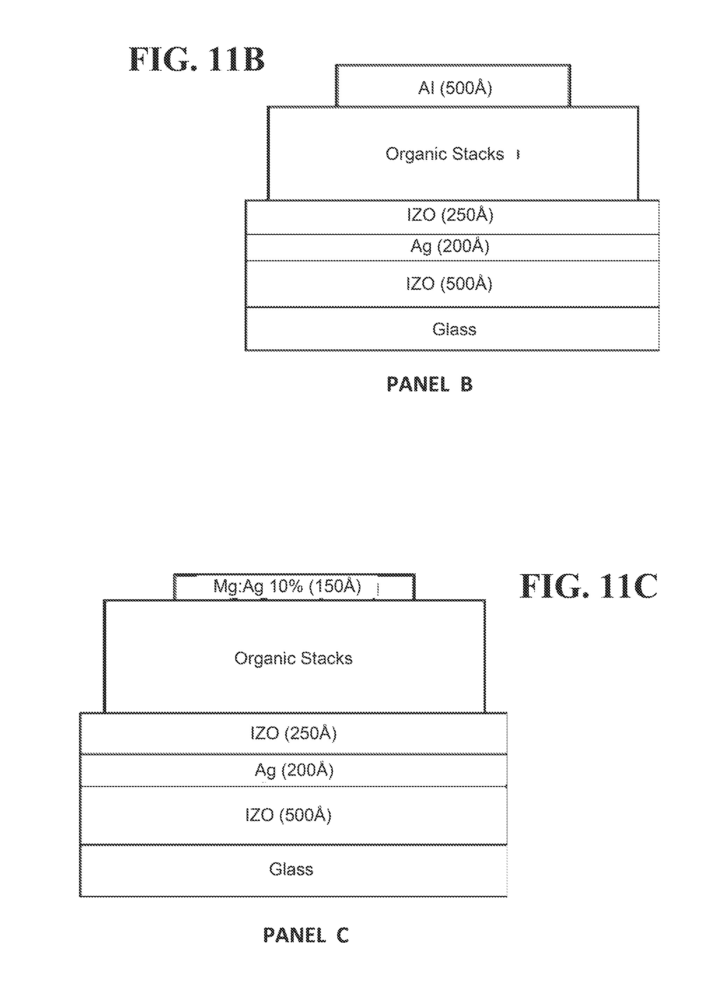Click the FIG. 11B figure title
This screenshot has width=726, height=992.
196,60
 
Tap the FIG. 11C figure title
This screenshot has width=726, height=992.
588,587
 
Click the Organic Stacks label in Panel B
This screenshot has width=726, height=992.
445,154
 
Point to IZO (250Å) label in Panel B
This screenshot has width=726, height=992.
450,215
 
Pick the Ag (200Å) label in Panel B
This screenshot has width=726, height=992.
450,247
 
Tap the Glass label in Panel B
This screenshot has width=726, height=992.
454,329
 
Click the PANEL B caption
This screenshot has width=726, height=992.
429,384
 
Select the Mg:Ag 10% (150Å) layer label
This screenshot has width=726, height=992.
287,587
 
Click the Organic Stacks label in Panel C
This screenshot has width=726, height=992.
293,658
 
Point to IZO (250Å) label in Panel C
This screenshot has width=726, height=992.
294,733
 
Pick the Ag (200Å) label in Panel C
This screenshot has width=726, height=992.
294,771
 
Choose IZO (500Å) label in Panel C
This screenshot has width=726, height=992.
288,815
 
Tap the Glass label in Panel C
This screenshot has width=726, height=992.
291,870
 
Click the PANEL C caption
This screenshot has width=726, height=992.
306,935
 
